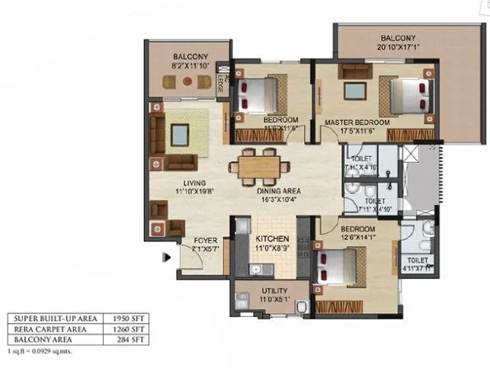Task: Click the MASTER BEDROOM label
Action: [357, 122]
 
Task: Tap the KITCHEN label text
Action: [271, 238]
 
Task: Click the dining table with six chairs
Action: [257, 165]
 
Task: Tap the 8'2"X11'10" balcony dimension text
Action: [185, 66]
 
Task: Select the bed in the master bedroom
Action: [411, 98]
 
